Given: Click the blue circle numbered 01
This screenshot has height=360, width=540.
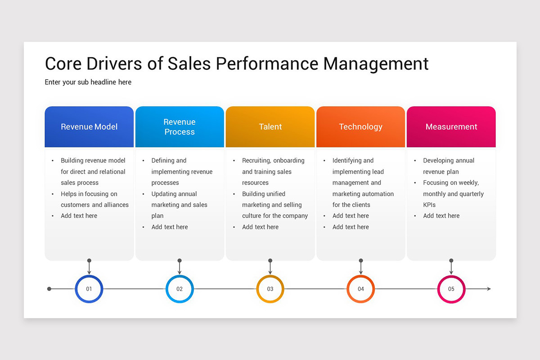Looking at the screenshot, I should (x=89, y=289).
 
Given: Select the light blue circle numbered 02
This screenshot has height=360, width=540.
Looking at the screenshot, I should (x=180, y=289).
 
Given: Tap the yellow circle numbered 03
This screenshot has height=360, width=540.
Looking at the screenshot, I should (x=270, y=289).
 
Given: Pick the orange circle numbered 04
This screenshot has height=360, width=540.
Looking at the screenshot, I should (x=361, y=289).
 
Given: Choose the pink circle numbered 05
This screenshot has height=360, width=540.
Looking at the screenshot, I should (x=451, y=289).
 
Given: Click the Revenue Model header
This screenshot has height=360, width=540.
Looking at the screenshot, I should (x=89, y=127).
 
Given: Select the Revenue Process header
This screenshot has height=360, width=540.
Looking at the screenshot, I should (x=180, y=127).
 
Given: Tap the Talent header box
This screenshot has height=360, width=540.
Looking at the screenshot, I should (x=270, y=127).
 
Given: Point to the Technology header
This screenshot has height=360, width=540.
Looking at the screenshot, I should (x=361, y=127).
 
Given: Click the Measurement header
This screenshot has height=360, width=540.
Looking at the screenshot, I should (x=451, y=127).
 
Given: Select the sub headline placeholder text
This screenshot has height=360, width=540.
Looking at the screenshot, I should (x=88, y=82).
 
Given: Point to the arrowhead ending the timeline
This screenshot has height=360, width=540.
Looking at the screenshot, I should (x=489, y=289).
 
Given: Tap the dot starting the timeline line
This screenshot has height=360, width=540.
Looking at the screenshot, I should (x=49, y=289).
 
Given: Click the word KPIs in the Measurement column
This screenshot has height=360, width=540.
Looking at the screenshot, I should (x=429, y=205).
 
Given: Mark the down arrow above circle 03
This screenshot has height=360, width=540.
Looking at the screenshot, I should (x=270, y=268).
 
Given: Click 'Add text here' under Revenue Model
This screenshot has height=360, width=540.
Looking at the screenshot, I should (x=79, y=216).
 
